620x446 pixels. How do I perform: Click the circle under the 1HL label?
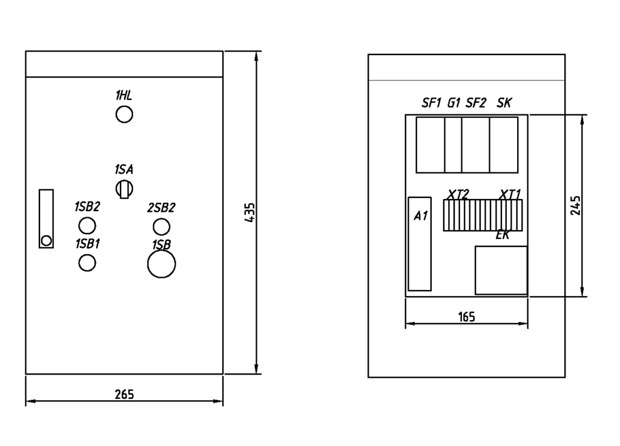point(124,114)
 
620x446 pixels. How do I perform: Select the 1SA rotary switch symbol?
point(124,189)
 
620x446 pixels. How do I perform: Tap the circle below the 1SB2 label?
point(87,226)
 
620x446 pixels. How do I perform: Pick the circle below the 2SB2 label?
point(161,227)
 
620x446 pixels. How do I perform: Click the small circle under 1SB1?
point(87,263)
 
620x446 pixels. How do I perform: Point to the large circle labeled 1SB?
point(162,264)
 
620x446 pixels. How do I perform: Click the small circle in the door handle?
point(46,241)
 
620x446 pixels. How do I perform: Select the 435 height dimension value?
point(250,212)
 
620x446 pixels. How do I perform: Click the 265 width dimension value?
point(124,395)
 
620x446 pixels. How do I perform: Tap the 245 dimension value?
point(575,205)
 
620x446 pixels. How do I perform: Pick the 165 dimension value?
point(466,316)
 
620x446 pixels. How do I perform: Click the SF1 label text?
point(432,103)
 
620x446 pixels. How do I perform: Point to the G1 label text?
point(454,103)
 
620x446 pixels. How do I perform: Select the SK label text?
point(504,103)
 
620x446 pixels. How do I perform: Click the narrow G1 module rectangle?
point(453,145)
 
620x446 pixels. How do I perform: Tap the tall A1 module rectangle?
point(420,244)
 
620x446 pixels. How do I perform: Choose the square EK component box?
point(501,270)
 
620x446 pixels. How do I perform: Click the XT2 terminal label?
point(458,194)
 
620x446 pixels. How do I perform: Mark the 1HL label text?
point(124,95)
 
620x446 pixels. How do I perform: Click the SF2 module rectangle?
point(475,145)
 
